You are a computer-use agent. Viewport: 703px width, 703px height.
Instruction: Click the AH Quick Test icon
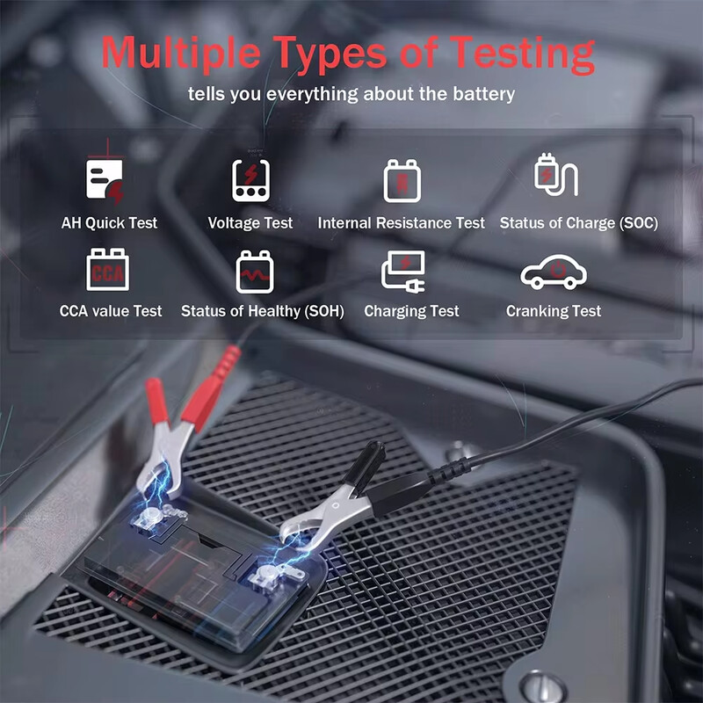click(x=105, y=180)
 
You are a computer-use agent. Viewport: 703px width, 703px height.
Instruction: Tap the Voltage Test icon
click(x=250, y=180)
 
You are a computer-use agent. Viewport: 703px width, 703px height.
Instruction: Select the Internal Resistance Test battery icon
click(x=402, y=181)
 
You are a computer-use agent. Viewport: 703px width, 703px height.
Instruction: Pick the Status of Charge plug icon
click(x=556, y=176)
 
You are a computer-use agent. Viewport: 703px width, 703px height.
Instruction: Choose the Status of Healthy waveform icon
click(x=257, y=272)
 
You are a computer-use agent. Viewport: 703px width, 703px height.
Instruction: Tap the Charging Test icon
click(x=403, y=272)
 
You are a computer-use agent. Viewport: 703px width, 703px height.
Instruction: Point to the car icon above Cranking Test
click(x=554, y=272)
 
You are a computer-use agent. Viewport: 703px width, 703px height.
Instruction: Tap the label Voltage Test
click(x=250, y=223)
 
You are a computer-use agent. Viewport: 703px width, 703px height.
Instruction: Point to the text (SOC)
click(x=639, y=223)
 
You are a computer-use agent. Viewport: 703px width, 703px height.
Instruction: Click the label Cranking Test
click(x=554, y=311)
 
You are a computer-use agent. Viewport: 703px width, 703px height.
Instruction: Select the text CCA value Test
click(x=111, y=311)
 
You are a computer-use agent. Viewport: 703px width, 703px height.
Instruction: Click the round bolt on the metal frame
click(x=537, y=686)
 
